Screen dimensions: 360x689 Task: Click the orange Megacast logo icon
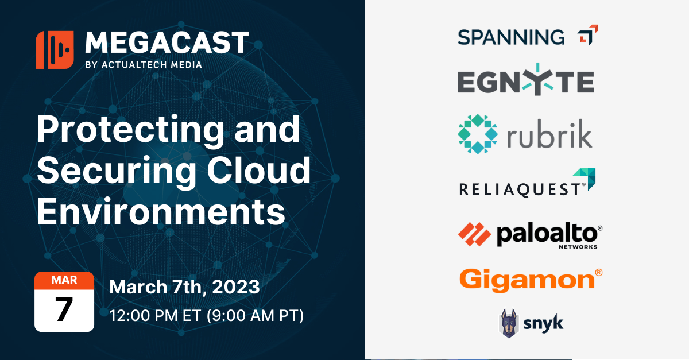(x=55, y=50)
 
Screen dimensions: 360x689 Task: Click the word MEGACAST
(x=167, y=44)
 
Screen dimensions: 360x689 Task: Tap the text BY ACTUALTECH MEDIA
(x=143, y=65)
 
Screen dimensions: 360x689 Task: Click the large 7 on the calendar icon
(x=64, y=310)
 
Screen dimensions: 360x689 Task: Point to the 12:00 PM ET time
(x=153, y=315)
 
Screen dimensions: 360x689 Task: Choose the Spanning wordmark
(x=511, y=37)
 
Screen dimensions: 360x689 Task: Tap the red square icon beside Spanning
(x=587, y=35)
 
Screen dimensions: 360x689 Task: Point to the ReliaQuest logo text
(x=519, y=188)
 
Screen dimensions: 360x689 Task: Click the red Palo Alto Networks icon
(x=474, y=233)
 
